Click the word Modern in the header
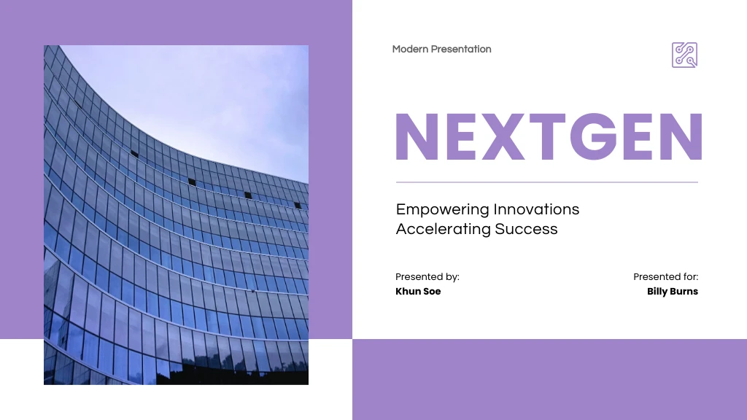click(410, 50)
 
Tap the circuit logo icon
click(684, 55)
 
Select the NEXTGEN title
click(548, 136)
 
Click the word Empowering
click(443, 210)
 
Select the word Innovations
click(536, 209)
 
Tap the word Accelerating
click(444, 229)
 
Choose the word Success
click(527, 229)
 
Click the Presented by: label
click(427, 277)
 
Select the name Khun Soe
click(418, 292)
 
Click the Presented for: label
click(665, 277)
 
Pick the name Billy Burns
click(673, 292)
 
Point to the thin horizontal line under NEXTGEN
click(547, 182)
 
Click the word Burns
click(684, 292)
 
